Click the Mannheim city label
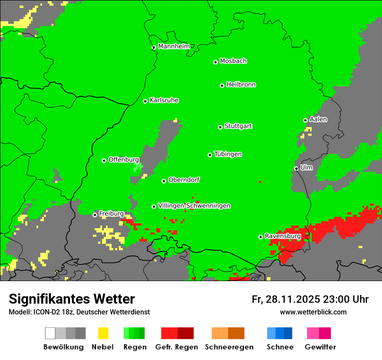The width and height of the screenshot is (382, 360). click(x=174, y=46)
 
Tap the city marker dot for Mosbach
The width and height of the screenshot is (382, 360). click(x=215, y=62)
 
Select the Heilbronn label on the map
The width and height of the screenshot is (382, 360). click(x=241, y=85)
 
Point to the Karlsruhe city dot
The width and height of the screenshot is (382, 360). click(x=145, y=101)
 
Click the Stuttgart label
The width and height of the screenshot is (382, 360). click(x=238, y=126)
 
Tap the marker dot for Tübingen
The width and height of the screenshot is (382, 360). click(x=210, y=155)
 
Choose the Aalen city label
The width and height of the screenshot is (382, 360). click(x=318, y=119)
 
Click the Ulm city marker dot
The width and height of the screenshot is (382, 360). click(x=296, y=168)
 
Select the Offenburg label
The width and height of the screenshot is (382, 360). click(x=124, y=160)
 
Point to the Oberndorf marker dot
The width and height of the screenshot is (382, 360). click(x=164, y=181)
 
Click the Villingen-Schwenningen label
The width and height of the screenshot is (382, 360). click(x=194, y=206)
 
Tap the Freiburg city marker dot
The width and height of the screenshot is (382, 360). click(x=95, y=215)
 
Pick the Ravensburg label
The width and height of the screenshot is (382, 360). click(x=283, y=236)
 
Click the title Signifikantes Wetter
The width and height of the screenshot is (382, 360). click(x=72, y=299)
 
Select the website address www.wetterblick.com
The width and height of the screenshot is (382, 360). click(x=313, y=312)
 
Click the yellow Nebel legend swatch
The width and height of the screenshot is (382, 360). click(x=103, y=333)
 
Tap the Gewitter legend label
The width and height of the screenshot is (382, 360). click(x=320, y=347)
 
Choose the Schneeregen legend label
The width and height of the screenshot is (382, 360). click(x=229, y=347)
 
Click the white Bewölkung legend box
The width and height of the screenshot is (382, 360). click(x=50, y=333)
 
